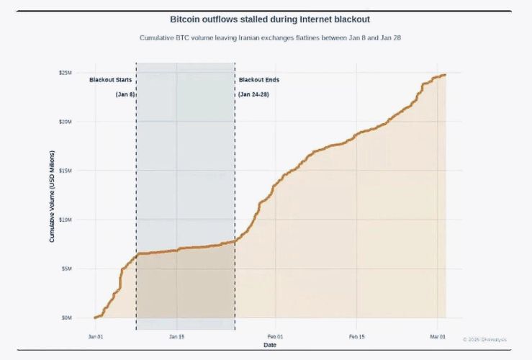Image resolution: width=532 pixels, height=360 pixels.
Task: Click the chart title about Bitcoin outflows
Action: (x=269, y=19)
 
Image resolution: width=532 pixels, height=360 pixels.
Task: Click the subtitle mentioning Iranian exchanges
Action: (x=269, y=37)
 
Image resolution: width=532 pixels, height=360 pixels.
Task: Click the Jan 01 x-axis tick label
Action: (x=96, y=336)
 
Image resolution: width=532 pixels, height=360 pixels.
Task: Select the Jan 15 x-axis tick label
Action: (x=177, y=336)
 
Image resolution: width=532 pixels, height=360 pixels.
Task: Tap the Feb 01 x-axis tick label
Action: (x=276, y=336)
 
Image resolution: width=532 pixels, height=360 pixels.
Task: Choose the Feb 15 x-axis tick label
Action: (x=357, y=336)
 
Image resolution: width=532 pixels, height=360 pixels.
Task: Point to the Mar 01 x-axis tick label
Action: (x=438, y=336)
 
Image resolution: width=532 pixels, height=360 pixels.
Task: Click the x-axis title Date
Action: (x=269, y=345)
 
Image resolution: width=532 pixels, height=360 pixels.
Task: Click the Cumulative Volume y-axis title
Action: (x=53, y=194)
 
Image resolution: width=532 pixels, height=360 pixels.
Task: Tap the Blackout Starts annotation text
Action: (x=111, y=80)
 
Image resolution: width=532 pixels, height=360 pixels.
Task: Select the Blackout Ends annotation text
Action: (x=259, y=80)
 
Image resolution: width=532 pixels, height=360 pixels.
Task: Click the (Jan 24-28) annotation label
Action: (x=254, y=94)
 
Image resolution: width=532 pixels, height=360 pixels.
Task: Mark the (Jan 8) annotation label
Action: (x=125, y=94)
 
